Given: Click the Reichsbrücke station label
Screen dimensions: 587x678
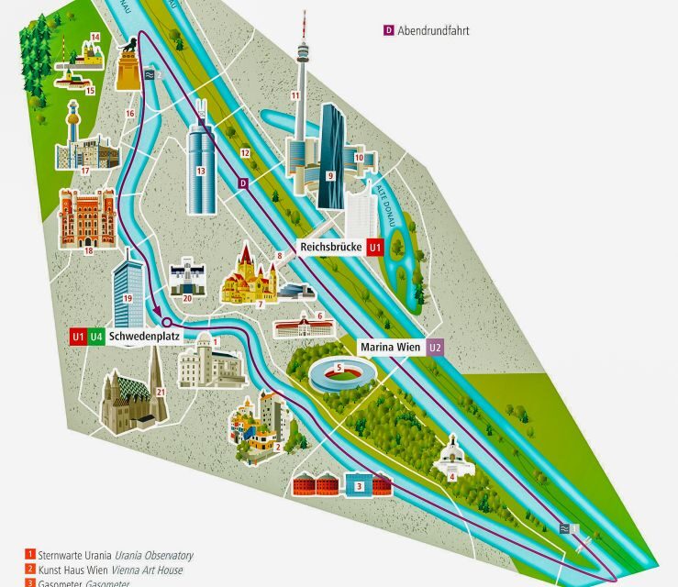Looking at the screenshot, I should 331,247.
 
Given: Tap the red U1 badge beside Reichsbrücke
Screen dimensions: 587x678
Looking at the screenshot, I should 374,248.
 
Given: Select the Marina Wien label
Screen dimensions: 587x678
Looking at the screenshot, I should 390,348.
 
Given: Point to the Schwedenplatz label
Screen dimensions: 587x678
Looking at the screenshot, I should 144,337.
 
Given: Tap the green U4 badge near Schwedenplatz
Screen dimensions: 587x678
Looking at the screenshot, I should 96,337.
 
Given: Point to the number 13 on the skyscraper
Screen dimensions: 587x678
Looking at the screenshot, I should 200,172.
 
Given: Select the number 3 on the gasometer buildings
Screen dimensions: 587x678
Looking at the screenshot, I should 361,486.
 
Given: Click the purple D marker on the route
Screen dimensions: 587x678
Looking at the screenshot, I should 243,183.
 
